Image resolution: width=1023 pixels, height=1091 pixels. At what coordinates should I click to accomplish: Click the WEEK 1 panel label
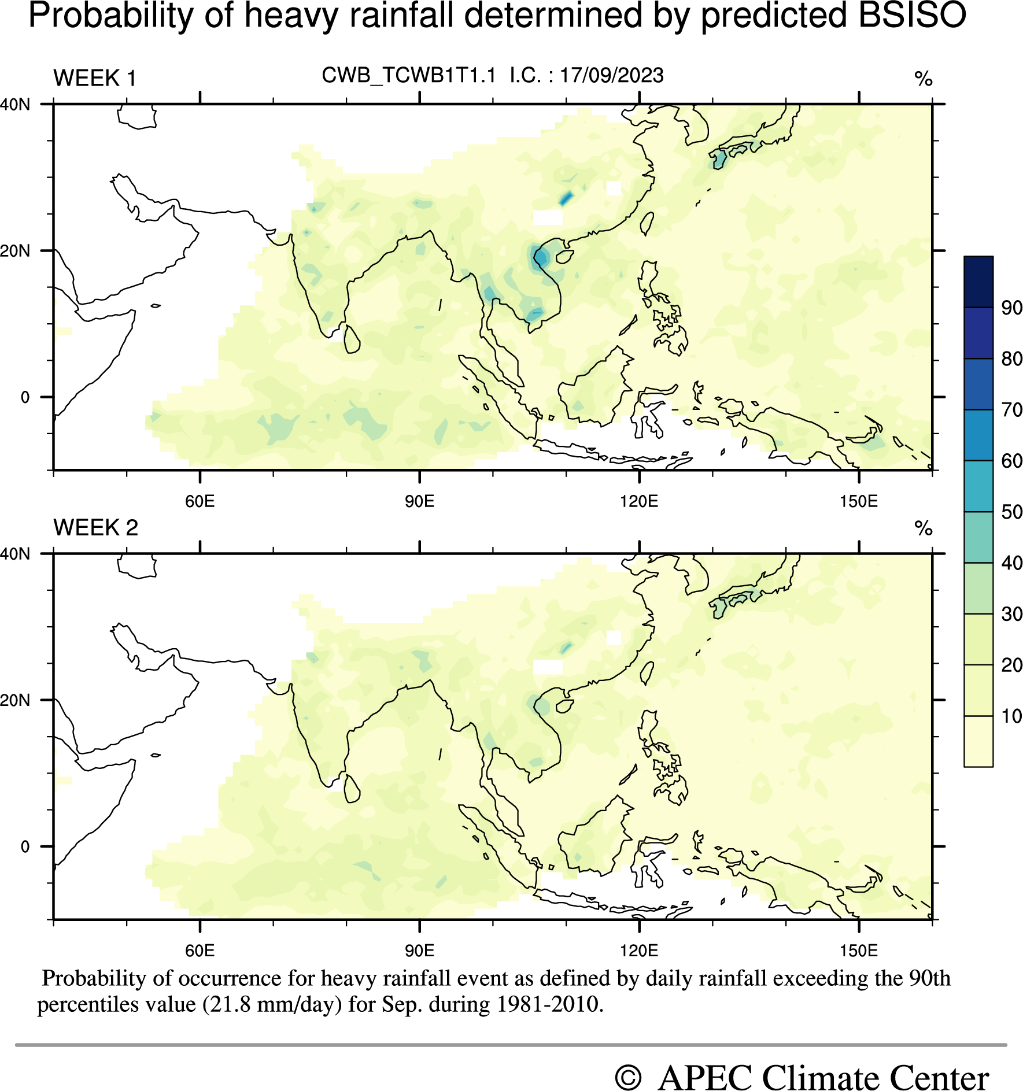point(95,78)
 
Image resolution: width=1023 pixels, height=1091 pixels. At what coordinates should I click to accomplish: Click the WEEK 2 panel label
point(95,528)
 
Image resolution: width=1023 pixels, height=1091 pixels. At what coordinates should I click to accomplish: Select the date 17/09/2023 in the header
point(612,76)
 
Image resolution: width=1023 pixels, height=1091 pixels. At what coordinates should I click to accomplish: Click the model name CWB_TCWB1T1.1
point(409,76)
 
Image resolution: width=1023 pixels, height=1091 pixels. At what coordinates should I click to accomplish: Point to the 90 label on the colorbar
point(1011,308)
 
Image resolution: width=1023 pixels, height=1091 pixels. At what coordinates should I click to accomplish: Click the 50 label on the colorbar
point(1011,512)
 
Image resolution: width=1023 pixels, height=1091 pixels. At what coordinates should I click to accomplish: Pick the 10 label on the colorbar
point(1011,716)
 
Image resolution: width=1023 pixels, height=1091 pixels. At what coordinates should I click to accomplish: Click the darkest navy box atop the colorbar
point(978,282)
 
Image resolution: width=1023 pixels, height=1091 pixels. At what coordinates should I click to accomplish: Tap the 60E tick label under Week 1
point(200,501)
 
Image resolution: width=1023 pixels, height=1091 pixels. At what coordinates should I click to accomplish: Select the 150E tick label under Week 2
point(859,951)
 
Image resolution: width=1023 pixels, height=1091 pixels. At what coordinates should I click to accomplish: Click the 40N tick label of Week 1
point(15,105)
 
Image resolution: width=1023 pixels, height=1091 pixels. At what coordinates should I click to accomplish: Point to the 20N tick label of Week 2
point(15,701)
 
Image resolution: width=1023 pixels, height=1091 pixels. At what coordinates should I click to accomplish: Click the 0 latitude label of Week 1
point(25,398)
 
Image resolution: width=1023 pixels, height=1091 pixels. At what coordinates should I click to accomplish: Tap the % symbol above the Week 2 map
point(924,528)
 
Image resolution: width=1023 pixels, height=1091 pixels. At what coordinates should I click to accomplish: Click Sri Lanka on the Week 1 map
point(351,340)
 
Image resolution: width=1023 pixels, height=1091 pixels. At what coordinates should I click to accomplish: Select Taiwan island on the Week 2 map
point(647,673)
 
